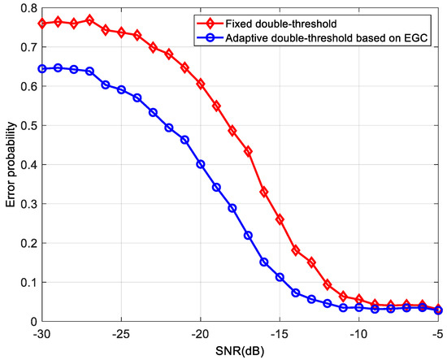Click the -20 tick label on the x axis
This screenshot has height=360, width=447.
click(200, 333)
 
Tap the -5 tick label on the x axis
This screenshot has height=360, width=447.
click(437, 333)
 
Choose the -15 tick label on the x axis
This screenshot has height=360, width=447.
click(279, 333)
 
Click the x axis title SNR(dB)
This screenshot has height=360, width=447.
click(240, 350)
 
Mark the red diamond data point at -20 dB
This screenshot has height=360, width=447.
click(201, 85)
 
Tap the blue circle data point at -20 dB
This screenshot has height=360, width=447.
click(201, 164)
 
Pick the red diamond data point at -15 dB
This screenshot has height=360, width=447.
click(280, 219)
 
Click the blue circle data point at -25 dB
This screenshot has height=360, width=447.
click(121, 90)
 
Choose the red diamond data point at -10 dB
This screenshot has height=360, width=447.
click(359, 300)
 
